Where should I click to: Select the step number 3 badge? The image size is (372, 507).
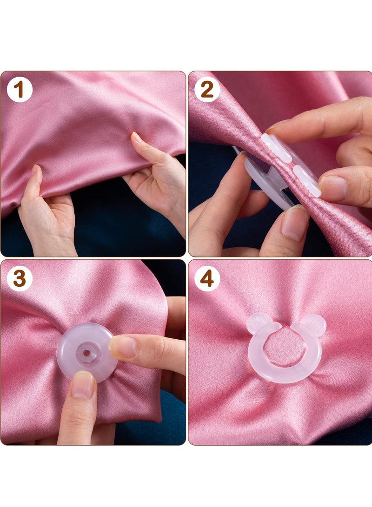click(20, 279)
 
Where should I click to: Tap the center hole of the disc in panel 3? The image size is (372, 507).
click(86, 352)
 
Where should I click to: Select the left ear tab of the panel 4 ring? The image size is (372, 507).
click(257, 323)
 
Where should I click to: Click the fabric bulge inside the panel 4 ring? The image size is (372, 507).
click(285, 346)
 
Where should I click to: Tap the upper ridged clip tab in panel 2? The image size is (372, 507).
click(276, 148)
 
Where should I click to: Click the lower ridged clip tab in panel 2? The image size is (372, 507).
click(307, 180)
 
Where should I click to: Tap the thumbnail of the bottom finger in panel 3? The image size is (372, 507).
click(83, 384)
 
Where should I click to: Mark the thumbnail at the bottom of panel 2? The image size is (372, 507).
click(294, 223)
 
